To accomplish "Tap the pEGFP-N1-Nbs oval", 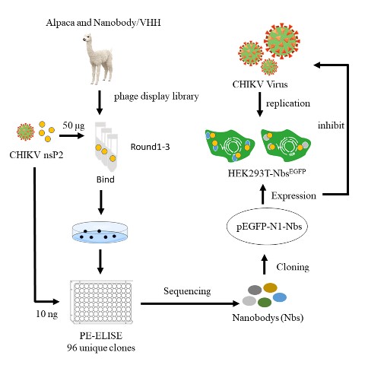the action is (x=267, y=226).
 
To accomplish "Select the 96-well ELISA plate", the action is (x=101, y=302).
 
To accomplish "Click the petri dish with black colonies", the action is (x=100, y=232).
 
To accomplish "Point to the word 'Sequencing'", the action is (x=187, y=291).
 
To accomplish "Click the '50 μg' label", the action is (x=74, y=125).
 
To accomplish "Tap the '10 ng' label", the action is (x=47, y=314).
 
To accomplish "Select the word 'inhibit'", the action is (x=331, y=125).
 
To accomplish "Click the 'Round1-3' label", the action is (x=150, y=147).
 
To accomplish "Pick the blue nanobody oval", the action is (x=280, y=297).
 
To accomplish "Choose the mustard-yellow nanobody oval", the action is (x=270, y=287).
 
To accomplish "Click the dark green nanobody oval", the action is (x=265, y=302).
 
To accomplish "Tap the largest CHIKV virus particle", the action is (x=282, y=41).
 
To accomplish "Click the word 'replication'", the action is (x=288, y=103).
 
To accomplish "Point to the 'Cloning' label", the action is (x=293, y=267).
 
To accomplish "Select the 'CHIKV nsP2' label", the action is (x=36, y=155).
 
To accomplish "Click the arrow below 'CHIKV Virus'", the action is (x=259, y=104).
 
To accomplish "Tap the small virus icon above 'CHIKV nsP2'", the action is (x=25, y=132).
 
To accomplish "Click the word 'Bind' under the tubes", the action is (x=106, y=179).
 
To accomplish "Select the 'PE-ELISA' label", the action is (x=101, y=335).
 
